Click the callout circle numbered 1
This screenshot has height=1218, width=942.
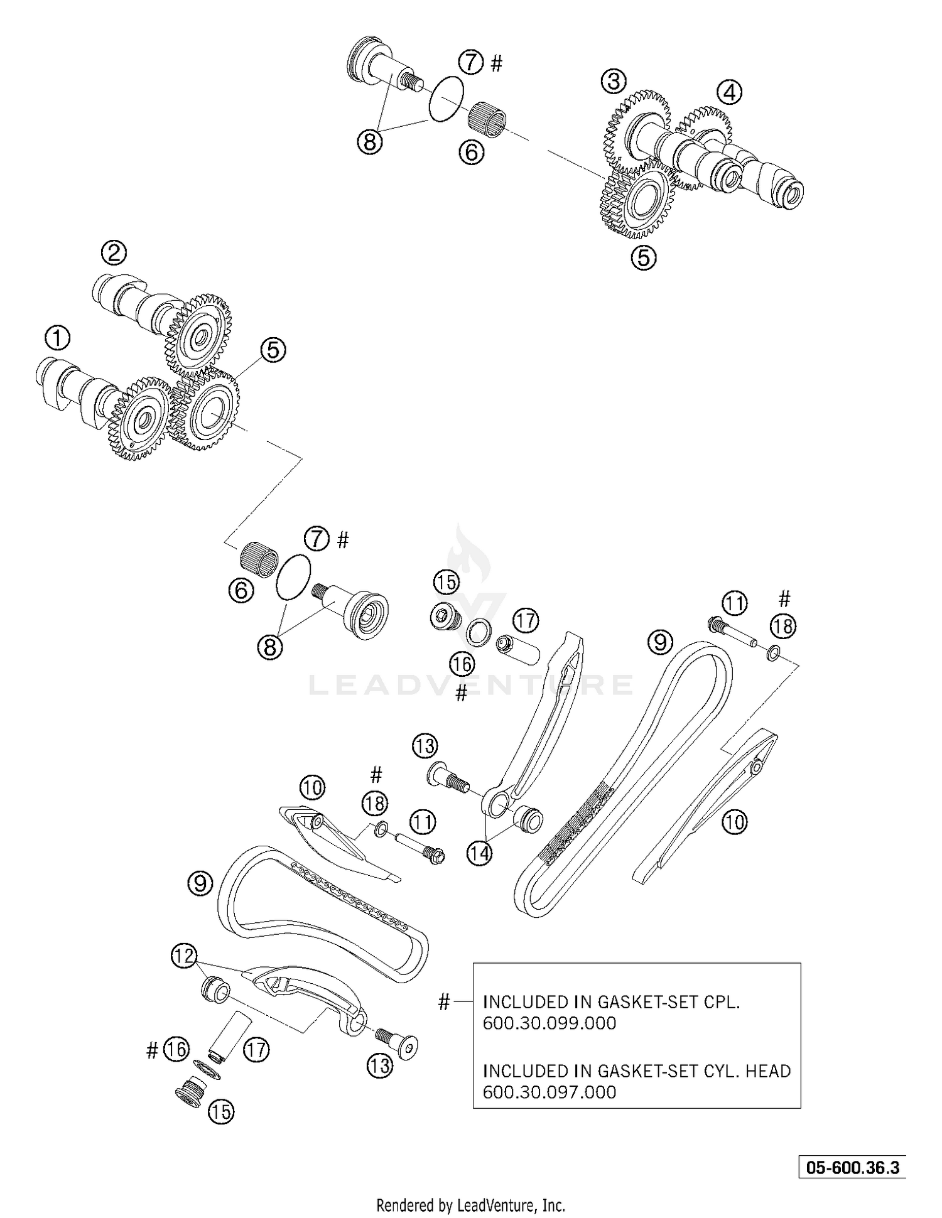58,338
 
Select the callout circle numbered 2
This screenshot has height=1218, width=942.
114,253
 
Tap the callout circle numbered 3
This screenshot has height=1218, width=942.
614,81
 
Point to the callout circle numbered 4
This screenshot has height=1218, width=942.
728,93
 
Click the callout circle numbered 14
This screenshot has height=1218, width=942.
479,853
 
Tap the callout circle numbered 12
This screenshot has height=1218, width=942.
183,957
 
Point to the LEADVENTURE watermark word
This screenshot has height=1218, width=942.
471,684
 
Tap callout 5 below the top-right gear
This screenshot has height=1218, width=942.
644,258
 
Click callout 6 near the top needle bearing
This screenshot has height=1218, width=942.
471,152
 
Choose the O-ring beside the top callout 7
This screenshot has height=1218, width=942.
447,98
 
